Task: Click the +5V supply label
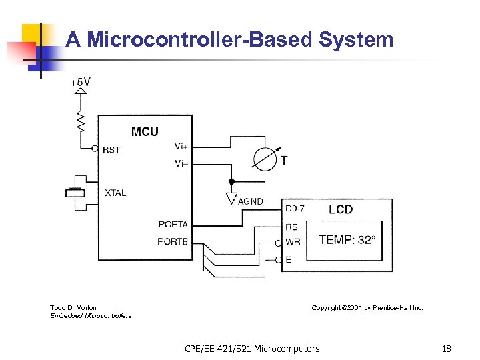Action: pos(81,83)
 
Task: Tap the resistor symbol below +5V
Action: pos(81,121)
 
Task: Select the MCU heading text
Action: pos(145,131)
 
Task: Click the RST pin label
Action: pos(112,150)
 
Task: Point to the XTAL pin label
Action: pos(115,193)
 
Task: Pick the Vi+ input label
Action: pos(181,146)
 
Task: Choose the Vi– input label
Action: pos(181,163)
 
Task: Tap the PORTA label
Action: pos(173,224)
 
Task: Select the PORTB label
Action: pos(173,241)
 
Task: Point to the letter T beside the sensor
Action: pos(285,161)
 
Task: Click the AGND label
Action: pos(251,201)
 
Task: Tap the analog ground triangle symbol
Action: pos(231,198)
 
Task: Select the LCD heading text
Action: pos(341,209)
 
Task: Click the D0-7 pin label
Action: pos(295,209)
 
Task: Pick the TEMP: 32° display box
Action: pos(347,239)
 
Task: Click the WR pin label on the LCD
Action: pos(292,241)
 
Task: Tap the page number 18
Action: pos(446,349)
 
